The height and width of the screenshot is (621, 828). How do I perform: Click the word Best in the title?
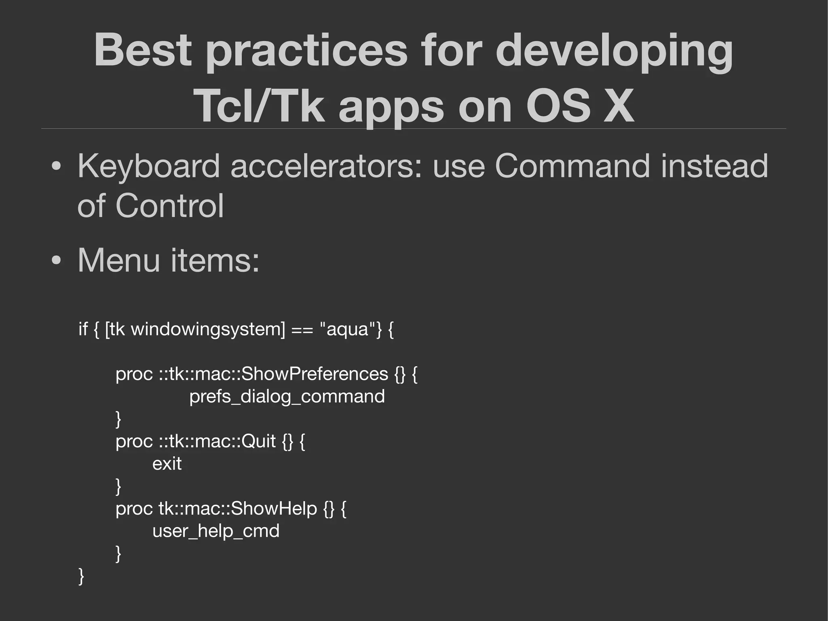pyautogui.click(x=142, y=50)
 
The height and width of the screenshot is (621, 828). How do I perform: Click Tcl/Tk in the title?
pyautogui.click(x=259, y=106)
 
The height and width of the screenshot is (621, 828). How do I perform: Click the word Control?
pyautogui.click(x=169, y=206)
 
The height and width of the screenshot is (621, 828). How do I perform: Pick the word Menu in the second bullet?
pyautogui.click(x=119, y=260)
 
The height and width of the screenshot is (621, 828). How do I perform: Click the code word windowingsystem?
pyautogui.click(x=208, y=329)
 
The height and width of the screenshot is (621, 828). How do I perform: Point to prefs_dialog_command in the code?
pyautogui.click(x=287, y=396)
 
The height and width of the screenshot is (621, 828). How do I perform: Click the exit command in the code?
pyautogui.click(x=167, y=464)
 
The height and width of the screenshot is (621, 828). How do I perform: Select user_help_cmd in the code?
pyautogui.click(x=215, y=531)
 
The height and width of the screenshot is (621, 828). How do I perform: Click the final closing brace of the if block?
pyautogui.click(x=81, y=576)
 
